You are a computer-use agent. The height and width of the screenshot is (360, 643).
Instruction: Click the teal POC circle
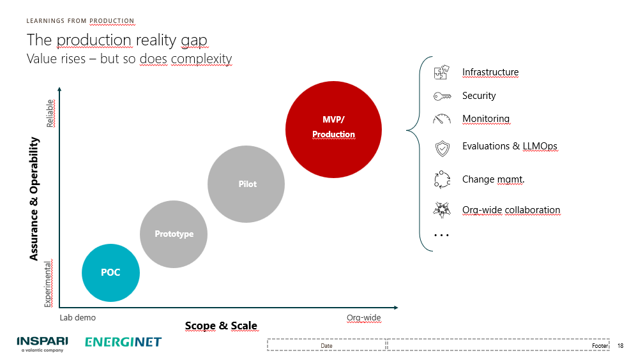[x=110, y=273]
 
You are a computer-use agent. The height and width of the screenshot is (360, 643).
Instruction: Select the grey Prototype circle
[x=174, y=234]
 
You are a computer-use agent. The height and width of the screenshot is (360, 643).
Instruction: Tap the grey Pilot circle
[x=246, y=184]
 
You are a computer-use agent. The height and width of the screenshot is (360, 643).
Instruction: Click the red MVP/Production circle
[x=333, y=130]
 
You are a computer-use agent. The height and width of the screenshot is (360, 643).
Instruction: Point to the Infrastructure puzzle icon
[x=442, y=73]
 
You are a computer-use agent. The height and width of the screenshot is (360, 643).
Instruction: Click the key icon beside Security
[x=442, y=96]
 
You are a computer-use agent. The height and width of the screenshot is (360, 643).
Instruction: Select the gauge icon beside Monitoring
[x=442, y=119]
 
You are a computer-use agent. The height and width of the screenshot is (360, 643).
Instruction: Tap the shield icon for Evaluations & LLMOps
[x=442, y=148]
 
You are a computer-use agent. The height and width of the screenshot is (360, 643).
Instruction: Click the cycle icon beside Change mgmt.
[x=442, y=179]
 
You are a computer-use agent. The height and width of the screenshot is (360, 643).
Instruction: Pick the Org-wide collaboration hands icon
[x=442, y=210]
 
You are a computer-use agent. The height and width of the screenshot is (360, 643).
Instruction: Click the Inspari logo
[x=42, y=344]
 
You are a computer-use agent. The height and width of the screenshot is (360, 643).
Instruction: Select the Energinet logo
[x=123, y=342]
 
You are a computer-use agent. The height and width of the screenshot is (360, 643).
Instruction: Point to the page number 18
[x=621, y=346]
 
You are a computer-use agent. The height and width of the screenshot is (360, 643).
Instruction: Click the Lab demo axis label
[x=77, y=317]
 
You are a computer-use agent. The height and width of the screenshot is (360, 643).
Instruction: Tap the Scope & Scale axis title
[x=221, y=326]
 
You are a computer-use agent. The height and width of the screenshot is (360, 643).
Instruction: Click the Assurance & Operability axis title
[x=34, y=199]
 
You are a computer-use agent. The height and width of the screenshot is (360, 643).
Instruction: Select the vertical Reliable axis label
[x=50, y=114]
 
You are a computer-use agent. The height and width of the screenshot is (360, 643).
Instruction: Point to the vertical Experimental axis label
[x=48, y=284]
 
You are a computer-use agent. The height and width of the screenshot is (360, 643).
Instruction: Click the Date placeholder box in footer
[x=326, y=345]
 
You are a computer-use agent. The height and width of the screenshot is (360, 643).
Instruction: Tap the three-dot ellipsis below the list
[x=441, y=236]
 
